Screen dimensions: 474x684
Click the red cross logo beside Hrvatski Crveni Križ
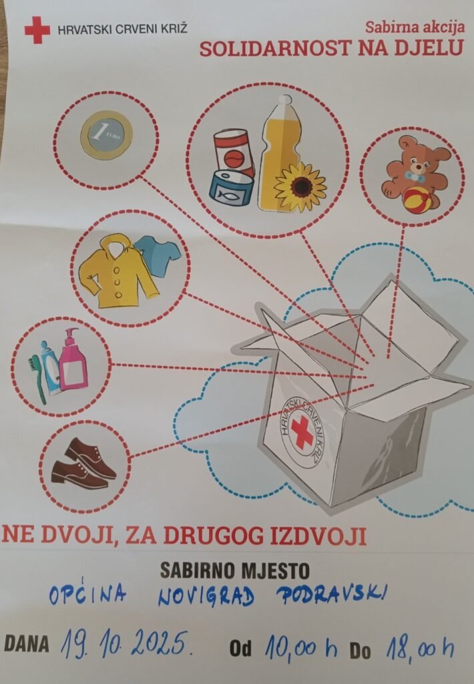point(37,29)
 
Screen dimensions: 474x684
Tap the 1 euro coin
point(106,134)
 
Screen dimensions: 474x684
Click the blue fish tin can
point(232,189)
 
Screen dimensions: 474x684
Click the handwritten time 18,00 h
point(419,648)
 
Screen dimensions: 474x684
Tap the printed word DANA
point(26,644)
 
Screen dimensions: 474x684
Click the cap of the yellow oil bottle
point(285,100)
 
